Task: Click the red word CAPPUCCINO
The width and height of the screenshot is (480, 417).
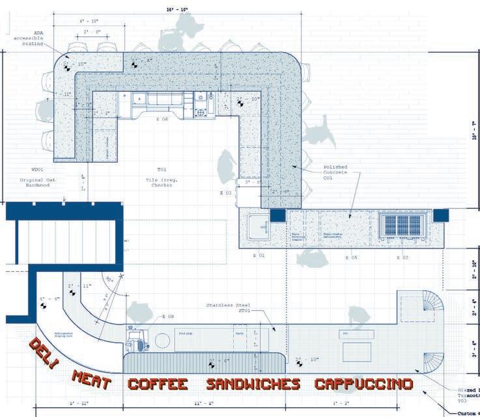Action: coord(363,383)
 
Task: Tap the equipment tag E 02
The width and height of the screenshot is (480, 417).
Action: coord(402,257)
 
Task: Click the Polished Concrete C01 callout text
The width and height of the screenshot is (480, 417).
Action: coord(339,170)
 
